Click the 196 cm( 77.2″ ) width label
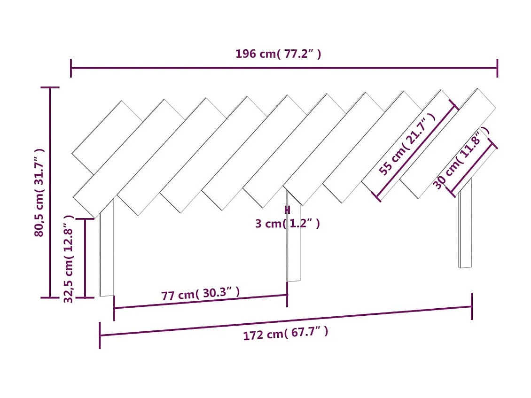point(278,54)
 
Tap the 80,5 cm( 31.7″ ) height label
point(39,192)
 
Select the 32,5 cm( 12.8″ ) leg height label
point(69,259)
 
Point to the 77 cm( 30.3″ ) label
point(200,294)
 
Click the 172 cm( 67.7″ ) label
point(285,334)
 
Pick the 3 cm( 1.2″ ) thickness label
point(288,224)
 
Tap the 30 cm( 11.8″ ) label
point(458,161)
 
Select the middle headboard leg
point(294,244)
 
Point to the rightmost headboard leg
point(465,226)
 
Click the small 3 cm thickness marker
point(287,210)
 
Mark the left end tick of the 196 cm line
point(71,68)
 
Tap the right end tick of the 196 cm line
point(497,68)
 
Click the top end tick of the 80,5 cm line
point(50,88)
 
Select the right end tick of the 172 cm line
point(471,306)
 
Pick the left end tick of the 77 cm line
point(114,309)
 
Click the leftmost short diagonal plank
point(107,137)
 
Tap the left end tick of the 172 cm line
point(100,336)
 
